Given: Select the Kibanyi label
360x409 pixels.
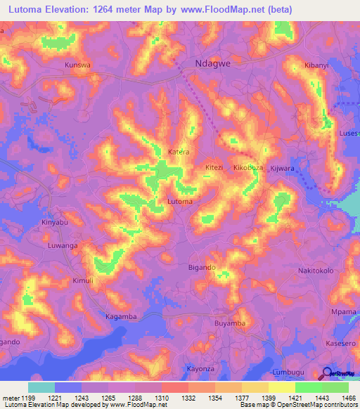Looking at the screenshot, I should (x=316, y=65).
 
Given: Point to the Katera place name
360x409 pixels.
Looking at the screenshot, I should (x=179, y=151).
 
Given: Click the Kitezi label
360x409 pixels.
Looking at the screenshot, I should (x=213, y=168).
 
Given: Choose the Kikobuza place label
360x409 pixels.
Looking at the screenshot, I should (x=247, y=168).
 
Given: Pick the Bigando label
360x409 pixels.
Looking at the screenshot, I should (x=202, y=268).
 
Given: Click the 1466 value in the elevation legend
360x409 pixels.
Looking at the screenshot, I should (x=348, y=398).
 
